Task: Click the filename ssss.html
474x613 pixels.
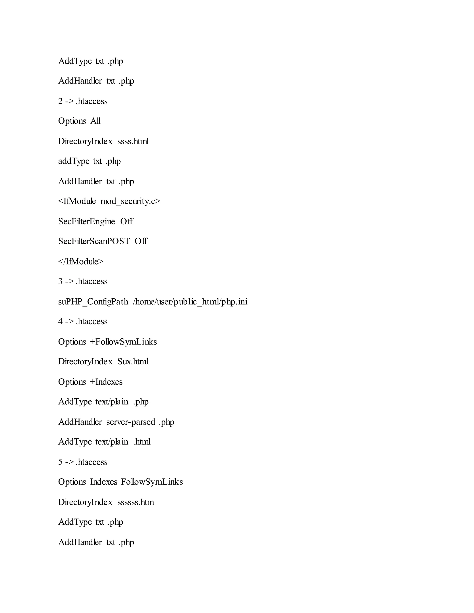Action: (133, 141)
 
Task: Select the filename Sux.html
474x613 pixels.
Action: (133, 362)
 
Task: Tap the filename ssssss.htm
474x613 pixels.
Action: (136, 502)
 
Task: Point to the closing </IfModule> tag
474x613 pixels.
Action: (81, 262)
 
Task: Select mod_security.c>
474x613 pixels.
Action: (131, 201)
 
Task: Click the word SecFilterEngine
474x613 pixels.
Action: (87, 221)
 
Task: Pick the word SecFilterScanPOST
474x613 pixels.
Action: (94, 241)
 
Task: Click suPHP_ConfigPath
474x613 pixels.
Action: (93, 302)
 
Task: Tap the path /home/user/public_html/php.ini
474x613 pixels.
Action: (190, 302)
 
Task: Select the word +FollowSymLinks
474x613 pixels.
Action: (123, 342)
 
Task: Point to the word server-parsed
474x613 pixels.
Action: (131, 422)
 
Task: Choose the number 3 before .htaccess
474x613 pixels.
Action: (60, 282)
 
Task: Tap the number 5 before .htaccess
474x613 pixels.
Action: (60, 462)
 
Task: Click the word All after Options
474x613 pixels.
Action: (95, 121)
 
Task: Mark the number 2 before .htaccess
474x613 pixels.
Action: (60, 101)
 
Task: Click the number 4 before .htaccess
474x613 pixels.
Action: (60, 321)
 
